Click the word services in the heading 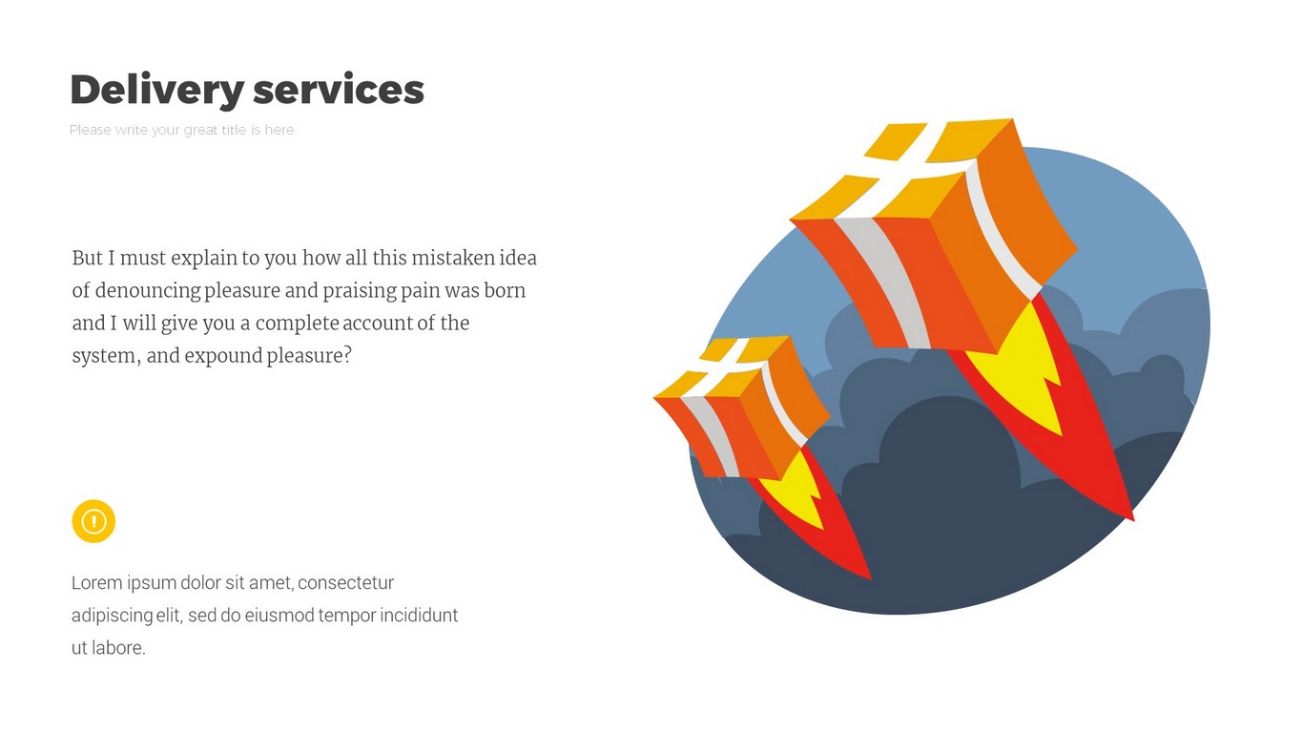click(x=339, y=90)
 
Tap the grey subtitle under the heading click(x=181, y=130)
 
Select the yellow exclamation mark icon click(x=93, y=521)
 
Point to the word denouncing click(x=148, y=291)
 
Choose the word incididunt click(x=419, y=615)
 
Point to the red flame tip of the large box click(x=1133, y=519)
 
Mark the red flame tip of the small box click(x=870, y=578)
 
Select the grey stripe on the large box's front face click(x=883, y=283)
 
